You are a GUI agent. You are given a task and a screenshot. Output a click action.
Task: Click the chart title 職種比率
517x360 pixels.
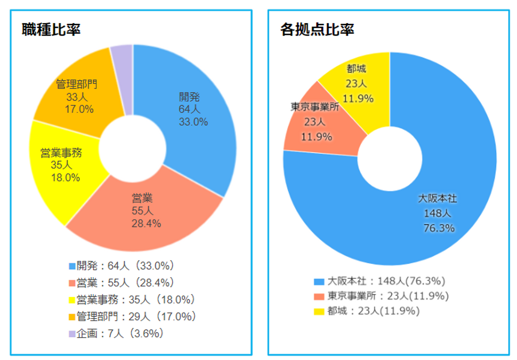tap(51, 29)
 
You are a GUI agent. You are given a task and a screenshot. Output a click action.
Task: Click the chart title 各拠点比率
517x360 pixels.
tap(317, 29)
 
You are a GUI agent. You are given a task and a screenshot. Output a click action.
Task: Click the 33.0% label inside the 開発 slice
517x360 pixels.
tap(193, 122)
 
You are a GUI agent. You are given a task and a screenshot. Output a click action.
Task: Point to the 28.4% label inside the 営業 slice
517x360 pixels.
tap(146, 224)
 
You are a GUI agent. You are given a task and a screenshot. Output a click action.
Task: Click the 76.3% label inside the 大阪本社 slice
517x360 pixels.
tap(439, 228)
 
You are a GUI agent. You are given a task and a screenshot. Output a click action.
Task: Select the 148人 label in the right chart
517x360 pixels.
tap(437, 213)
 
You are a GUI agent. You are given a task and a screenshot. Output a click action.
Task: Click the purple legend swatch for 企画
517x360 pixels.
tap(72, 334)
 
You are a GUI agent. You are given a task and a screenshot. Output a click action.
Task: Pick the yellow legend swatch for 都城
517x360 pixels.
tap(319, 311)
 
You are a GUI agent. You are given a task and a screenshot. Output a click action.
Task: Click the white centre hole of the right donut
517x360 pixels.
tap(390, 159)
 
